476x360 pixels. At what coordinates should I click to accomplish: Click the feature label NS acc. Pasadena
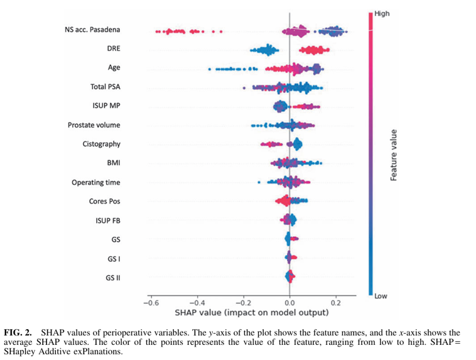pyautogui.click(x=92, y=30)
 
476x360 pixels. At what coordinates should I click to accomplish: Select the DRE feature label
pyautogui.click(x=114, y=48)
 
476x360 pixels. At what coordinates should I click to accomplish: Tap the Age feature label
pyautogui.click(x=114, y=67)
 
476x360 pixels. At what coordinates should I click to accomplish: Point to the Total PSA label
pyautogui.click(x=105, y=87)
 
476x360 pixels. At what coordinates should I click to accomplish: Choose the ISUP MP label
pyautogui.click(x=106, y=106)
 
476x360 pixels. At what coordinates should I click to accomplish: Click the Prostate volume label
pyautogui.click(x=94, y=125)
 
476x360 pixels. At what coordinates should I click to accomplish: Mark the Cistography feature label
pyautogui.click(x=101, y=144)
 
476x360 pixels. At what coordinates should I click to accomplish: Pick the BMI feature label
pyautogui.click(x=114, y=163)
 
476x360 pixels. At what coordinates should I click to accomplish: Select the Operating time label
pyautogui.click(x=96, y=182)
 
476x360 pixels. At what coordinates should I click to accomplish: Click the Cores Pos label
pyautogui.click(x=104, y=201)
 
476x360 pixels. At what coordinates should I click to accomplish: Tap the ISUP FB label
pyautogui.click(x=108, y=221)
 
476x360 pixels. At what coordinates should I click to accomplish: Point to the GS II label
pyautogui.click(x=113, y=278)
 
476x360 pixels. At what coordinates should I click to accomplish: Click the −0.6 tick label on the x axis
pyautogui.click(x=151, y=303)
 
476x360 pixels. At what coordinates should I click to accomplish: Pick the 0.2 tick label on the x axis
pyautogui.click(x=336, y=303)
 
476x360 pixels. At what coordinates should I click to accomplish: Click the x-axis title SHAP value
pyautogui.click(x=252, y=313)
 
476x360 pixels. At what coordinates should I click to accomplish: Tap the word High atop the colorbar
pyautogui.click(x=382, y=14)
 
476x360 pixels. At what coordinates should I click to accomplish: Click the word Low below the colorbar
pyautogui.click(x=381, y=296)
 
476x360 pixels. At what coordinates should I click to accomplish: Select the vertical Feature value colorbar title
pyautogui.click(x=394, y=155)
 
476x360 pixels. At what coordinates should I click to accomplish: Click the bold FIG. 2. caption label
pyautogui.click(x=18, y=332)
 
